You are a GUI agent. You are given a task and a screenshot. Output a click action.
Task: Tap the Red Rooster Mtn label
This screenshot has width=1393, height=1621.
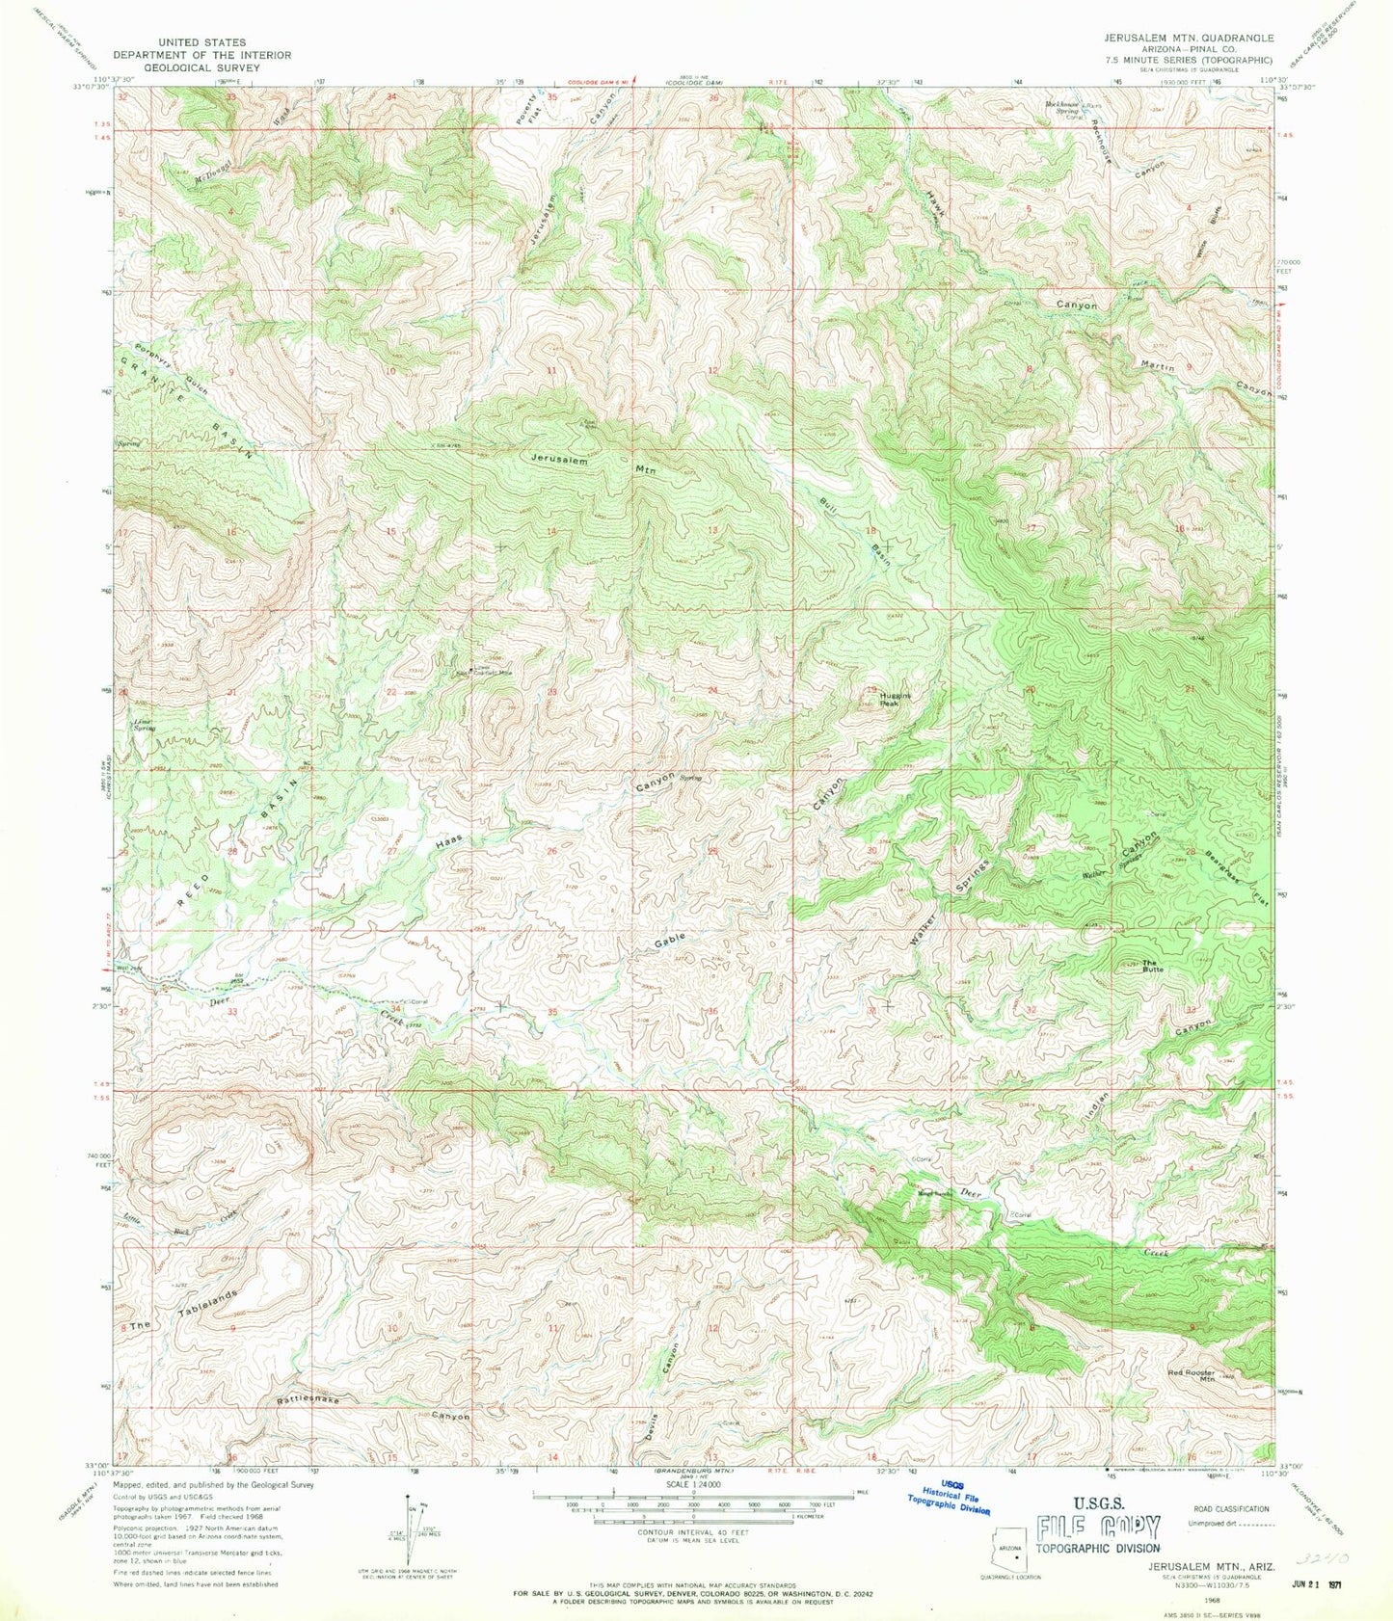(x=1192, y=1375)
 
